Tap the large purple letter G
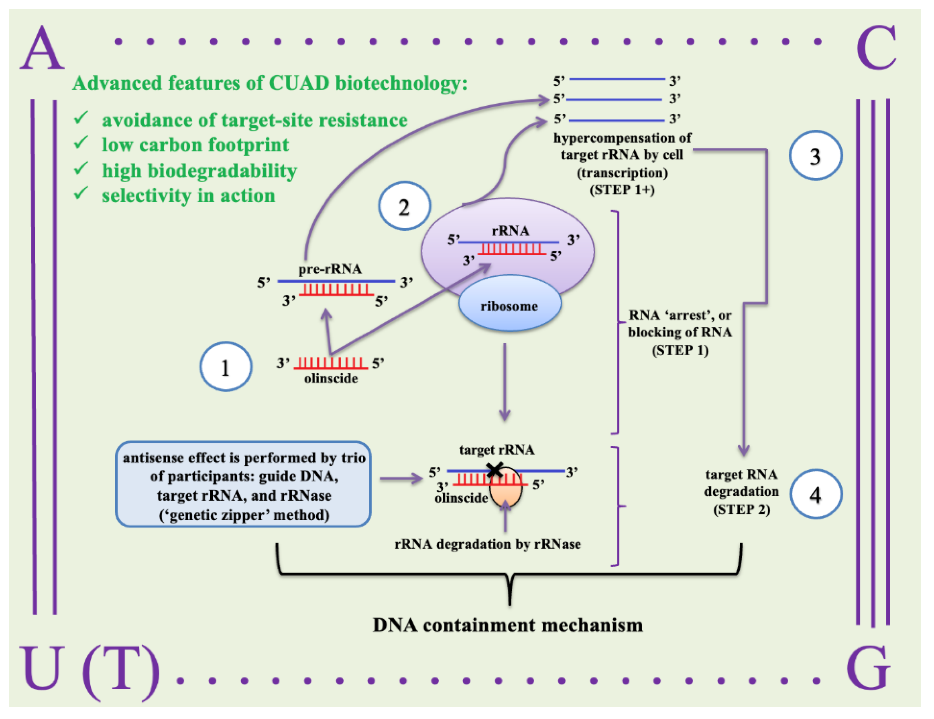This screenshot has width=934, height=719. [x=868, y=669]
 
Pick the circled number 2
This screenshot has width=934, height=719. [x=404, y=206]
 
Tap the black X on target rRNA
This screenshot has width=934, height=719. [x=495, y=469]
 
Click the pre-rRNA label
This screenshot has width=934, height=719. [x=330, y=269]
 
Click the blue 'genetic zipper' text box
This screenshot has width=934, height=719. [x=243, y=484]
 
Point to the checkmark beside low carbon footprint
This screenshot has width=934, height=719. [x=80, y=142]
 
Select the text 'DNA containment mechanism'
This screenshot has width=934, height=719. [x=508, y=625]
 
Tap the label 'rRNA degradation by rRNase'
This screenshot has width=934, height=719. [x=487, y=544]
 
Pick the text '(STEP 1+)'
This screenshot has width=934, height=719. [x=622, y=189]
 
